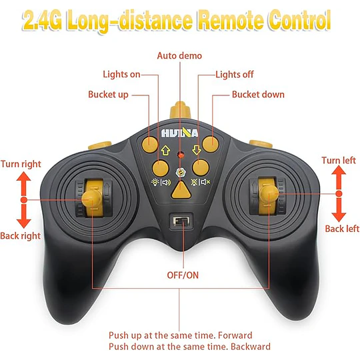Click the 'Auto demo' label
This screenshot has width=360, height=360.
[x=179, y=56]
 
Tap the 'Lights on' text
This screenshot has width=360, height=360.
[x=121, y=75]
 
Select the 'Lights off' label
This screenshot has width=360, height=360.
[x=235, y=75]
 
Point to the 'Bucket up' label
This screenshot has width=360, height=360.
[x=109, y=95]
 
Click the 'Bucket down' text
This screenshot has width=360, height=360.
[x=258, y=95]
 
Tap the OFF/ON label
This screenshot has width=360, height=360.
[x=183, y=275]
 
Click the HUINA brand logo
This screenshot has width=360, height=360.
[x=179, y=133]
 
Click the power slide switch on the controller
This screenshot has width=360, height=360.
[x=181, y=221]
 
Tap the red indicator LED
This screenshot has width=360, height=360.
[x=181, y=155]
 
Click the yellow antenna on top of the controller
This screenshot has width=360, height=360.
[x=180, y=110]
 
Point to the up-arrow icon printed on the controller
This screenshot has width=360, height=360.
[x=165, y=150]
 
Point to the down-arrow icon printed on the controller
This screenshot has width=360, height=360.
[x=196, y=150]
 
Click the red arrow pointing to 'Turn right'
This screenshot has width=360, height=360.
[x=23, y=184]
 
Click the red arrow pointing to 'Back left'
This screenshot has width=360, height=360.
[x=339, y=209]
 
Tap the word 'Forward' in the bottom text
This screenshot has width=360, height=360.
[x=235, y=335]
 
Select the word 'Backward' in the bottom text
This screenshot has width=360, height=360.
[x=251, y=347]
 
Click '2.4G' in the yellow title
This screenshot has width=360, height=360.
[x=42, y=21]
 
